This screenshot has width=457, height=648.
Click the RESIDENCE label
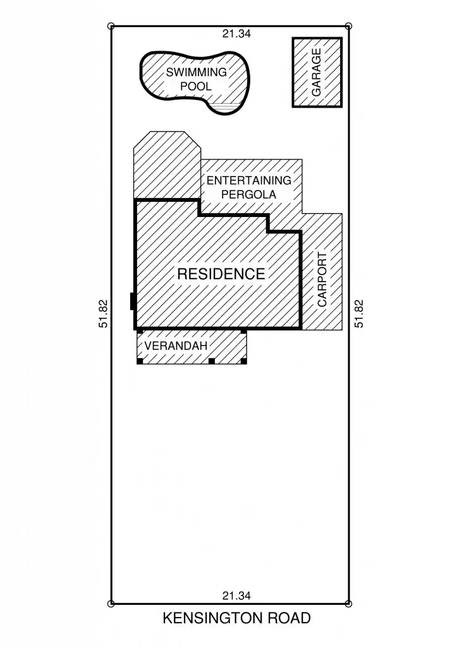point(221,274)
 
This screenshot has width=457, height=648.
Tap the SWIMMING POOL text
point(196,79)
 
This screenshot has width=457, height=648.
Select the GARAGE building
point(317,72)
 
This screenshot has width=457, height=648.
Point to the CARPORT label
point(322,280)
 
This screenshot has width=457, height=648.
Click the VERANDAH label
point(176,346)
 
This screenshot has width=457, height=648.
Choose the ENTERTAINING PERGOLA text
point(249,187)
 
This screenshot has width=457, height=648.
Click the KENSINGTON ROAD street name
point(236,618)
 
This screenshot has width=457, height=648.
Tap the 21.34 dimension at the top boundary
point(236,34)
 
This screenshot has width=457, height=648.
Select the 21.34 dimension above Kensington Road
point(236,595)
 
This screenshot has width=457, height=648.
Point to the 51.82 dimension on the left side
point(104,314)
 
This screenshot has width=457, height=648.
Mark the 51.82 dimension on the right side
point(359,314)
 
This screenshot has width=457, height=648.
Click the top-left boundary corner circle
point(112,26)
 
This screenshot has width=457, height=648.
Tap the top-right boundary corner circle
point(351,26)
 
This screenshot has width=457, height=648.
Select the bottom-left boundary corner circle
point(112,604)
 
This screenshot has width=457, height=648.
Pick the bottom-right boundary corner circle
point(351,604)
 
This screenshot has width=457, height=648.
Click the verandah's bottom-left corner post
point(140,361)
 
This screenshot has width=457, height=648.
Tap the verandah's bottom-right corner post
point(244,361)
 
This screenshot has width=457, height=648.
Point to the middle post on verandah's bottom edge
point(212,361)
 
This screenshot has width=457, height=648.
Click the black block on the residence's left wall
point(133,302)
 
